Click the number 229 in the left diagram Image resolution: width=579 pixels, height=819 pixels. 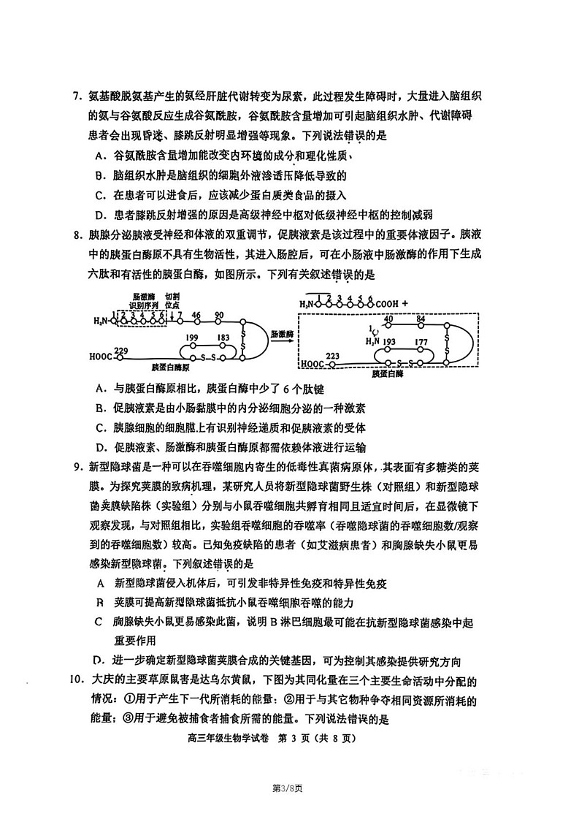coord(121,351)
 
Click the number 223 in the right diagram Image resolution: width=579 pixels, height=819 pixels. coord(334,356)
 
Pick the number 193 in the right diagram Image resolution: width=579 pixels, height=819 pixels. coord(388,341)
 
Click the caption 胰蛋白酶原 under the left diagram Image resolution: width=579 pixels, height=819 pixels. coord(171,368)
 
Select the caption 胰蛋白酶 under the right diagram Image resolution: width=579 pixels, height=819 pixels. coord(388,373)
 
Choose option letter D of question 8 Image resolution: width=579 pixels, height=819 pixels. coord(101,447)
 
